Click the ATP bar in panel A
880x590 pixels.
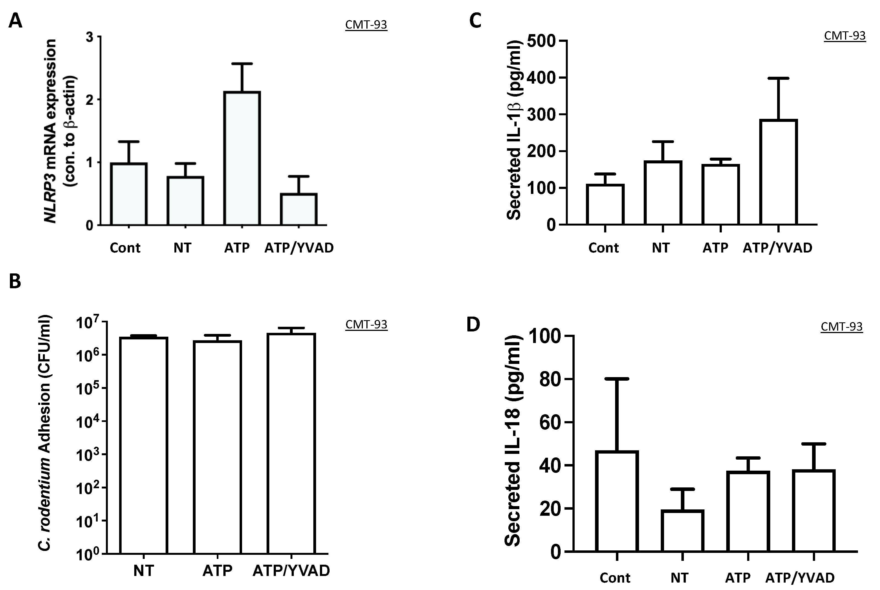pos(242,158)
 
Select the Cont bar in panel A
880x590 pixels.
pos(129,194)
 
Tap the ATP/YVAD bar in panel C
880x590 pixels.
pos(778,172)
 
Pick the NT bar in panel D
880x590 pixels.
pos(682,531)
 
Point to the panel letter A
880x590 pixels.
pos(15,21)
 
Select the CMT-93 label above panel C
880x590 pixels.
pos(845,36)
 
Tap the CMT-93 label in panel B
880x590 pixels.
pos(366,324)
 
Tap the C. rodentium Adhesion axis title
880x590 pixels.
pos(44,433)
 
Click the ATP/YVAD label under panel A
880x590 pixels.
pos(299,248)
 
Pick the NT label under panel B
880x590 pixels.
pos(143,571)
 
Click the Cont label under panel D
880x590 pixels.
pos(615,578)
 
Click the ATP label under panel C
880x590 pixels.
pos(715,248)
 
